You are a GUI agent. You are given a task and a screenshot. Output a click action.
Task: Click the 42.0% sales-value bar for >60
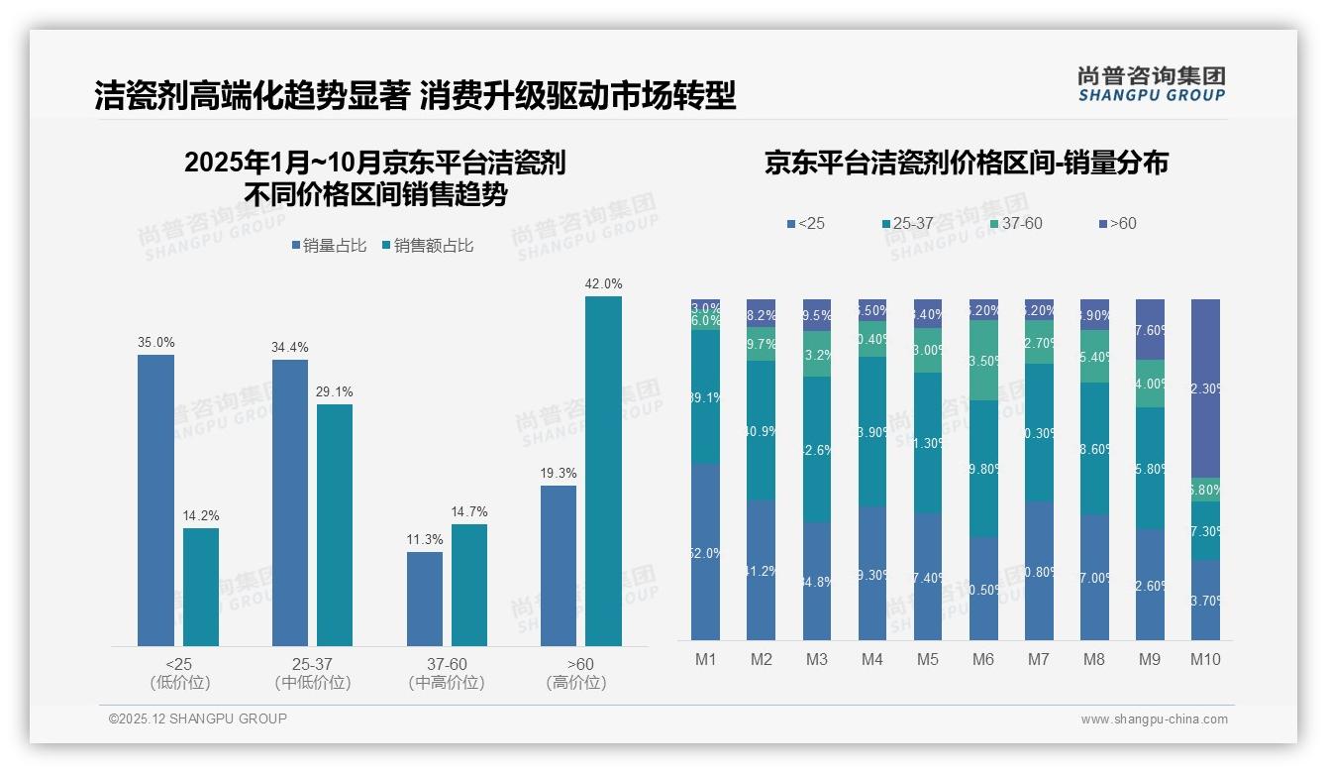tap(603, 471)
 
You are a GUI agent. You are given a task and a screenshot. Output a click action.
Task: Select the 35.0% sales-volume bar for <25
tap(155, 500)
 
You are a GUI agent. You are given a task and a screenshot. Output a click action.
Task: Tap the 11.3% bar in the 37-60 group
tap(425, 599)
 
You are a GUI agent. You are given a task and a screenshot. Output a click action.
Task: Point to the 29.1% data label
tap(335, 391)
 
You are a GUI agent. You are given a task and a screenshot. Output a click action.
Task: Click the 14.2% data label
tap(200, 515)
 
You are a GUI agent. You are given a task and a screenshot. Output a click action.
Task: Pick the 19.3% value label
tap(559, 473)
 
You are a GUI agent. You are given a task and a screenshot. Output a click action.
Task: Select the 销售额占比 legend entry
tap(428, 246)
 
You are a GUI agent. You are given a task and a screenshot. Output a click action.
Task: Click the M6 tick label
tap(982, 659)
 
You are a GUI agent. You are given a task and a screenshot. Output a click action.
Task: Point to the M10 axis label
tap(1205, 659)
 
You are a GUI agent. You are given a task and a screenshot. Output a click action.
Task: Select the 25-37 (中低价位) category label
tap(312, 673)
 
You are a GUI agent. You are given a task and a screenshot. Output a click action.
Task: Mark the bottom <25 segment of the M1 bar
tap(706, 552)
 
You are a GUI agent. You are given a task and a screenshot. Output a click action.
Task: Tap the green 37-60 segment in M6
tap(983, 361)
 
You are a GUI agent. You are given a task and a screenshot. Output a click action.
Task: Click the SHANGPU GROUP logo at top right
tap(1151, 84)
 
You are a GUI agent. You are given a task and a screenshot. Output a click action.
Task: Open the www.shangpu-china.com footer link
tap(1154, 719)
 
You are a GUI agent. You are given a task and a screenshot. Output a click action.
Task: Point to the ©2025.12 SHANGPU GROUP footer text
tap(198, 718)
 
